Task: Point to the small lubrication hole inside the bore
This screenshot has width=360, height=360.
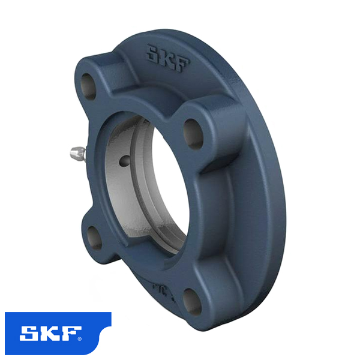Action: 124,160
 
